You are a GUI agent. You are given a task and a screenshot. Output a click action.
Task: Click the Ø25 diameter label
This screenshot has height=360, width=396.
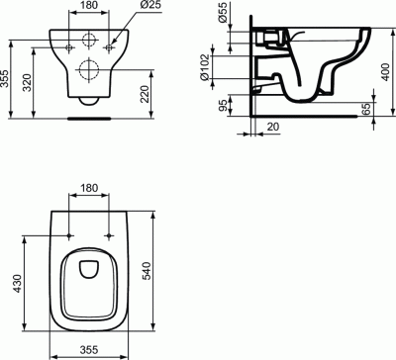coord(151,5)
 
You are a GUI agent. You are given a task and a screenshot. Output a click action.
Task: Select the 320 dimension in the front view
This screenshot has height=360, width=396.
coord(28,83)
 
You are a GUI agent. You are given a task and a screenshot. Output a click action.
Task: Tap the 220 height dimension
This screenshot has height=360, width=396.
coord(145,94)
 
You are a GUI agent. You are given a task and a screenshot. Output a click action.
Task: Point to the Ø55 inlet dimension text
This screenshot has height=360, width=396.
coord(223,13)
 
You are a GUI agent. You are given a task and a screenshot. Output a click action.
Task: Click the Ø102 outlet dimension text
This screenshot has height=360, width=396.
coord(205,67)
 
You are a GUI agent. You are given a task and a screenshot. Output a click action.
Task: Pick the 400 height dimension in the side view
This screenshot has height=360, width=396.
coord(385,72)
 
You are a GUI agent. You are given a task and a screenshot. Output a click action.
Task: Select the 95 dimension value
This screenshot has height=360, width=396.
coord(223,106)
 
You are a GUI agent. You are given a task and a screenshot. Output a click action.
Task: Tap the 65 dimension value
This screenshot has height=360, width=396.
coord(365,109)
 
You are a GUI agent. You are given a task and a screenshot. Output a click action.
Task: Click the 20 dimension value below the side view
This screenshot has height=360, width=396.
coord(272,127)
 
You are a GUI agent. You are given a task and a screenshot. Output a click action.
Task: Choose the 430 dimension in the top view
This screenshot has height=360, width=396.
coord(17,284)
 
